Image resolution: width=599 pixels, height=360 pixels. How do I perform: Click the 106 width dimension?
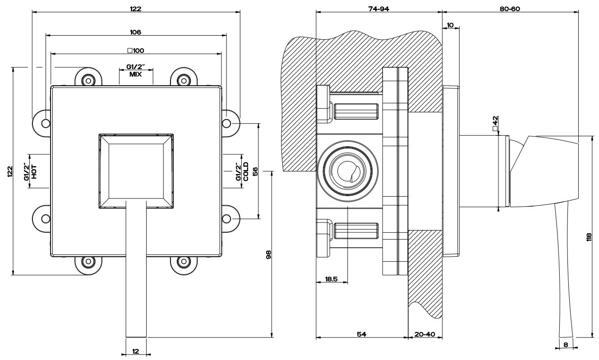[x=135, y=32]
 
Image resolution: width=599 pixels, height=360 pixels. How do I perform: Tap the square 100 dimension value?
[x=135, y=50]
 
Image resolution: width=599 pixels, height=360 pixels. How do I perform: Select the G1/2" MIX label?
[x=135, y=71]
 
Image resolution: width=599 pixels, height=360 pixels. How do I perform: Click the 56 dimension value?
[x=255, y=171]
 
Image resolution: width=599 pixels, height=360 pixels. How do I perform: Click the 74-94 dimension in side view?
[x=378, y=9]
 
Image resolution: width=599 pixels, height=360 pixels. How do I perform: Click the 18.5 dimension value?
[x=331, y=279]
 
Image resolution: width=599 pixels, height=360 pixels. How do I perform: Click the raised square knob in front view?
[x=135, y=170]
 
